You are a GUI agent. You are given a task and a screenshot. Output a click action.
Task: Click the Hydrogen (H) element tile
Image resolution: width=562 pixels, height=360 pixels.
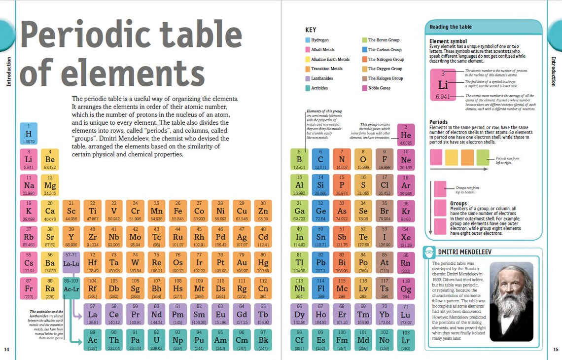[29, 134]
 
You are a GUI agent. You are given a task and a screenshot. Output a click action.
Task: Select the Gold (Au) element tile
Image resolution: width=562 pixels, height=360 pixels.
[242, 262]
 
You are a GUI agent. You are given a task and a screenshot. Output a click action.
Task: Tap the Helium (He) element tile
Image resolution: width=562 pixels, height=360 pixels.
[406, 135]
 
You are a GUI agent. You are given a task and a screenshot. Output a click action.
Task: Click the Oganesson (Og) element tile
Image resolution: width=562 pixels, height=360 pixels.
[406, 288]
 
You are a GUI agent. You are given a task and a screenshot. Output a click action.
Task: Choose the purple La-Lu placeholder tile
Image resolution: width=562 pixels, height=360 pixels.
[71, 262]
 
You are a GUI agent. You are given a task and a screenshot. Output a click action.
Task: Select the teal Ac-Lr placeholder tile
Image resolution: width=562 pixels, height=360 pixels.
[71, 288]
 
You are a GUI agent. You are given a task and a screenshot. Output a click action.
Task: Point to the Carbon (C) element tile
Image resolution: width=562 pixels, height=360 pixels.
[320, 159]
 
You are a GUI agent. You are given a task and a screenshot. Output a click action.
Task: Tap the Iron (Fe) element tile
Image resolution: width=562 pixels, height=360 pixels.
[177, 211]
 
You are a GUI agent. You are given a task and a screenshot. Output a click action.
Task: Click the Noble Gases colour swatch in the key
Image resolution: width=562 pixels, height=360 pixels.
[365, 88]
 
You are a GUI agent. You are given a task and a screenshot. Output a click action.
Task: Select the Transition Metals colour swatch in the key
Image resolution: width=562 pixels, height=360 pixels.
[308, 69]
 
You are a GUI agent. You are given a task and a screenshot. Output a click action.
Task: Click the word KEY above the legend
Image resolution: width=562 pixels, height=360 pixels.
[311, 30]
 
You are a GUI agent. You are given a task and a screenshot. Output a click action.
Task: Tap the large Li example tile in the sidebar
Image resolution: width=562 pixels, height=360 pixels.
[443, 85]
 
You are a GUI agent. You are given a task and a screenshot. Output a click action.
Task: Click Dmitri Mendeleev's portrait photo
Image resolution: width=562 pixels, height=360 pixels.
[511, 301]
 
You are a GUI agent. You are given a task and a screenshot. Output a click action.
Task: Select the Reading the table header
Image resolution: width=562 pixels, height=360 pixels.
[451, 27]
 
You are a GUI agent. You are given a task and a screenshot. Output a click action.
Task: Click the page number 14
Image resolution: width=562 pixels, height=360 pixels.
[6, 350]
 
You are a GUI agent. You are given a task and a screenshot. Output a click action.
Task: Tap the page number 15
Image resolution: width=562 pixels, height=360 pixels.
[556, 350]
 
